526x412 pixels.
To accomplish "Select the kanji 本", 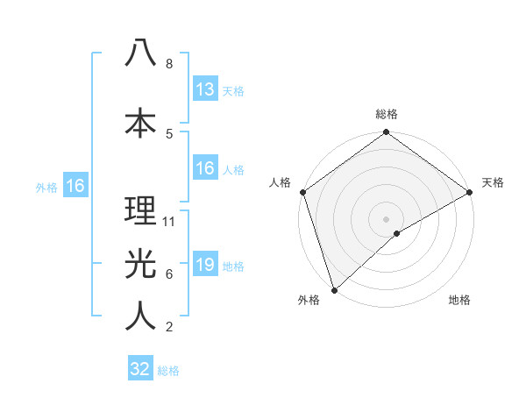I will point(140,121).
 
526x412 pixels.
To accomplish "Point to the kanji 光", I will point(140,262).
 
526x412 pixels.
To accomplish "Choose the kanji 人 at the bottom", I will point(140,316).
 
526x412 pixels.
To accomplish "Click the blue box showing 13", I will point(204,89).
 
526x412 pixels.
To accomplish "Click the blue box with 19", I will point(204,265).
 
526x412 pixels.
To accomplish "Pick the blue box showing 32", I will point(140,369).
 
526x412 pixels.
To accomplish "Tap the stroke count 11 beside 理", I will point(170,222).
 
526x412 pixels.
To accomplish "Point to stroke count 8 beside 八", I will point(169,64).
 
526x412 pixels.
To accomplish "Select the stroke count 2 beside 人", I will point(169,327).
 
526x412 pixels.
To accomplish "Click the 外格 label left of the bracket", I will point(46,187).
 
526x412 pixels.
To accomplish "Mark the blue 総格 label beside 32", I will point(168,371).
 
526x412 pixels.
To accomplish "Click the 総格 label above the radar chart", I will point(387,114).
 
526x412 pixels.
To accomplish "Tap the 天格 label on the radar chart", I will point(493,182).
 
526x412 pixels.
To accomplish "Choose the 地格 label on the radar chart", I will point(459,300).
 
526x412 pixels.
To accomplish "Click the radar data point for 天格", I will point(470,192).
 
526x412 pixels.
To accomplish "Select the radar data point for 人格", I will point(302,192).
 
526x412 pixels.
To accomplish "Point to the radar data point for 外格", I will point(334,289).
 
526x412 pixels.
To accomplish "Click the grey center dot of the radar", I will point(387,218).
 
